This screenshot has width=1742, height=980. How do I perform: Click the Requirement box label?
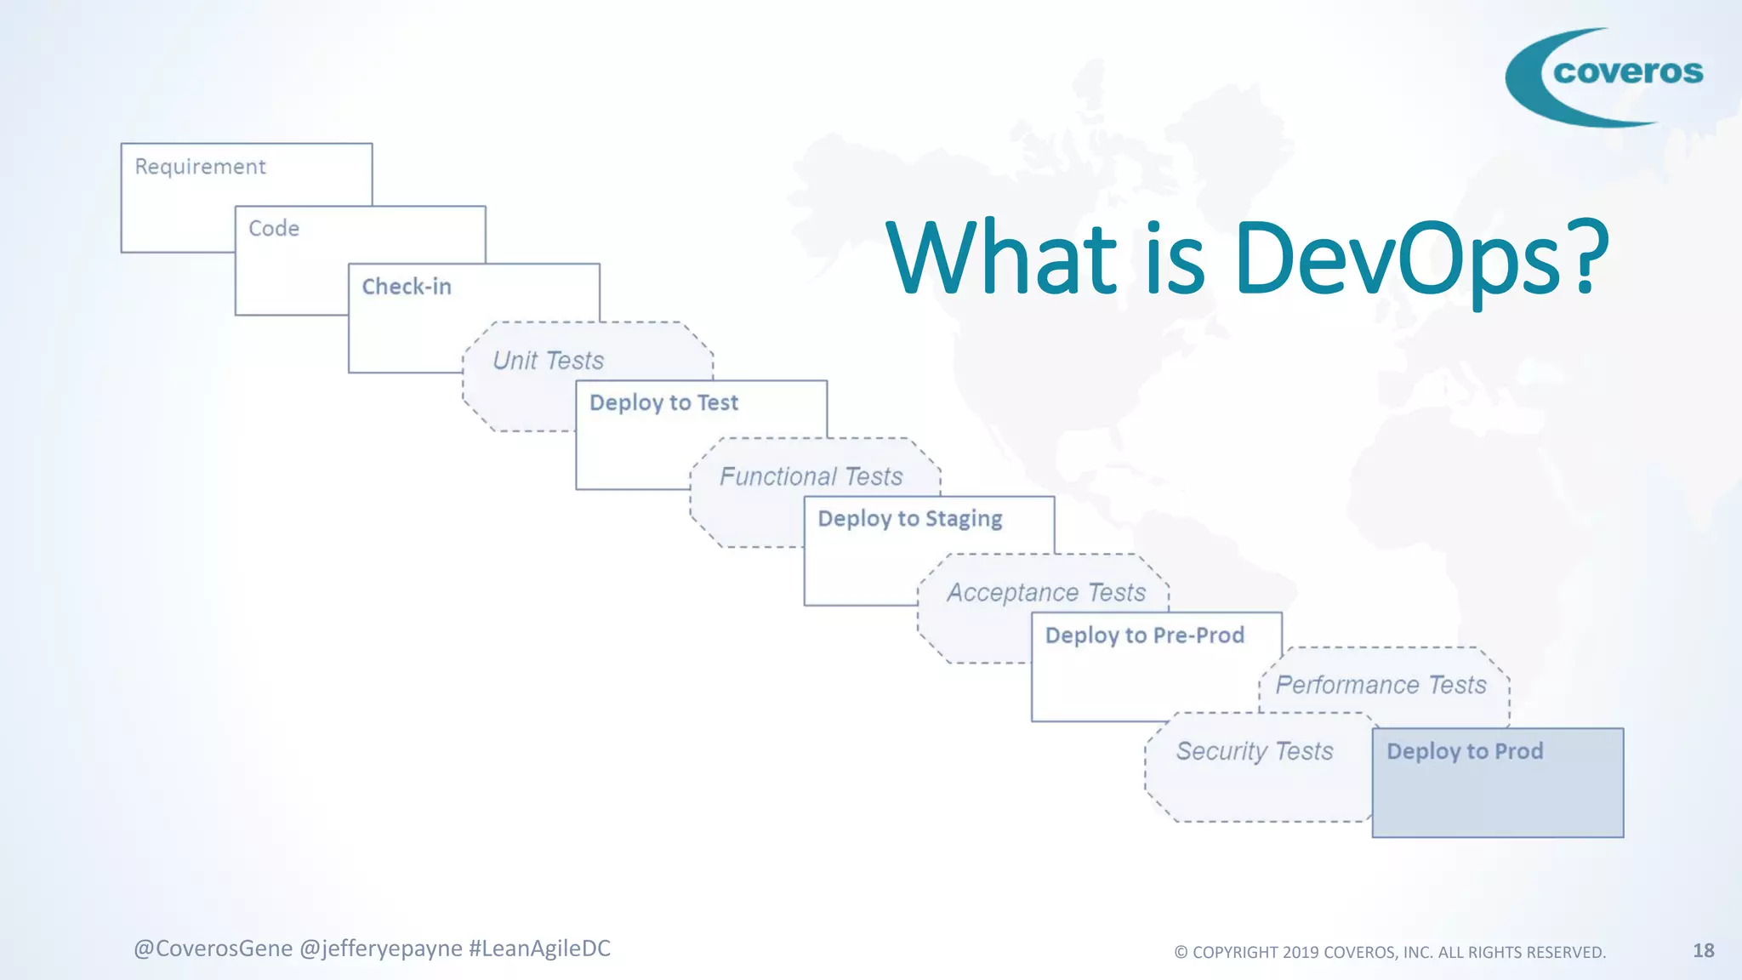pyautogui.click(x=200, y=167)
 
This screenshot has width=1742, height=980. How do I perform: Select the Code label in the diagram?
pyautogui.click(x=274, y=229)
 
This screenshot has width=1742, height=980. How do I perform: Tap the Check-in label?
pyautogui.click(x=407, y=287)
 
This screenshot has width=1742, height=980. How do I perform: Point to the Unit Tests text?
pyautogui.click(x=548, y=361)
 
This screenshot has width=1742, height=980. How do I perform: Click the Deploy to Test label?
pyautogui.click(x=663, y=402)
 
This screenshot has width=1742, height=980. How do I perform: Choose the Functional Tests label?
pyautogui.click(x=811, y=476)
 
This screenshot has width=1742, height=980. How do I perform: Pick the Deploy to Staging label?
pyautogui.click(x=909, y=519)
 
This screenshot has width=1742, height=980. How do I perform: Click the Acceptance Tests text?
pyautogui.click(x=1046, y=593)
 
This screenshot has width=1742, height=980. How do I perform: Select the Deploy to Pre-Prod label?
pyautogui.click(x=1144, y=635)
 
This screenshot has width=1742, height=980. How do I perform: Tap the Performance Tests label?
pyautogui.click(x=1381, y=685)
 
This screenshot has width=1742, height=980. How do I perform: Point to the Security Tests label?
pyautogui.click(x=1254, y=751)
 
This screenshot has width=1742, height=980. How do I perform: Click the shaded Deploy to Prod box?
pyautogui.click(x=1497, y=791)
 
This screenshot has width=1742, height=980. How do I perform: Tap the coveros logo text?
pyautogui.click(x=1627, y=72)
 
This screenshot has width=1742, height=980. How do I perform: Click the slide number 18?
pyautogui.click(x=1703, y=950)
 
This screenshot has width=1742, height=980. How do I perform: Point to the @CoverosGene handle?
pyautogui.click(x=213, y=949)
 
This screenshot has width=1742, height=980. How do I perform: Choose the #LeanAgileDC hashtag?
pyautogui.click(x=539, y=949)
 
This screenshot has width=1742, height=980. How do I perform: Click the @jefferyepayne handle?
pyautogui.click(x=380, y=949)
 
